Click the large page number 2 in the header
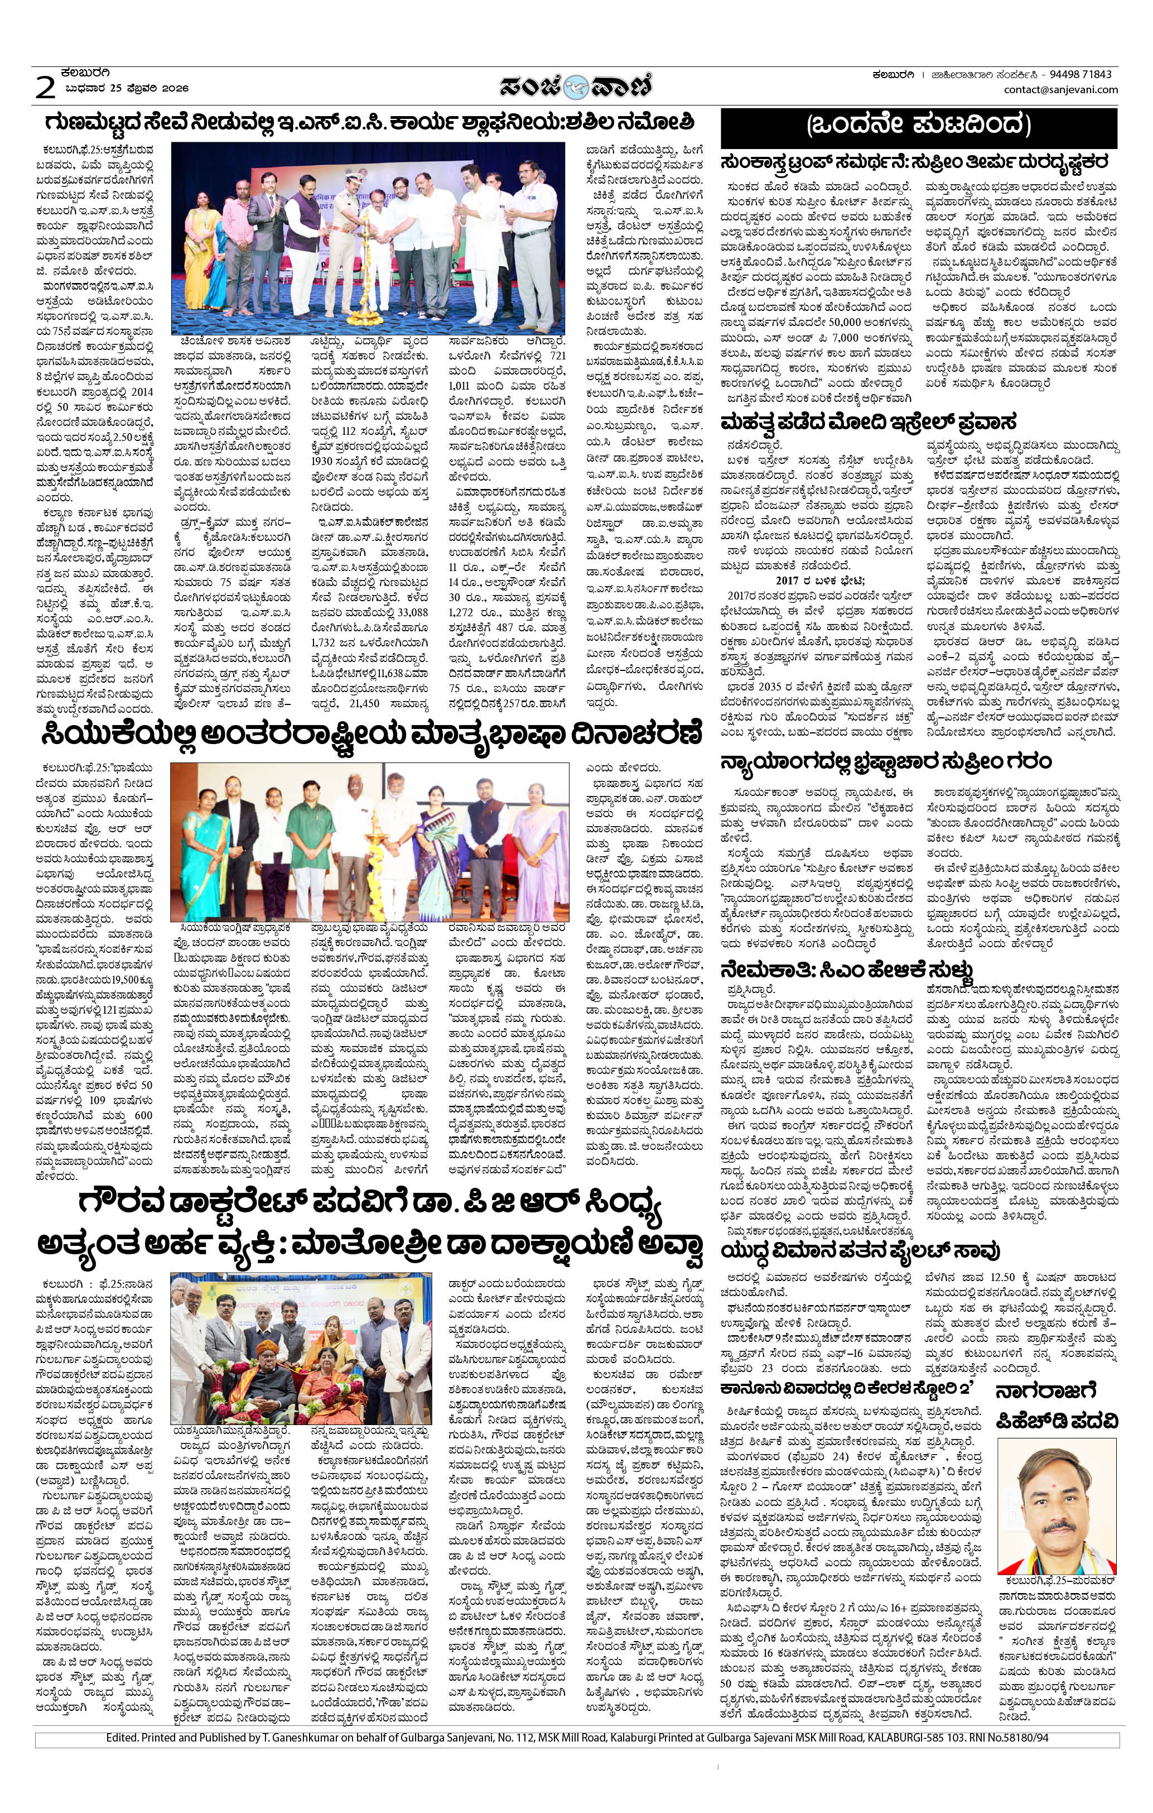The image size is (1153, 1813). [46, 89]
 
